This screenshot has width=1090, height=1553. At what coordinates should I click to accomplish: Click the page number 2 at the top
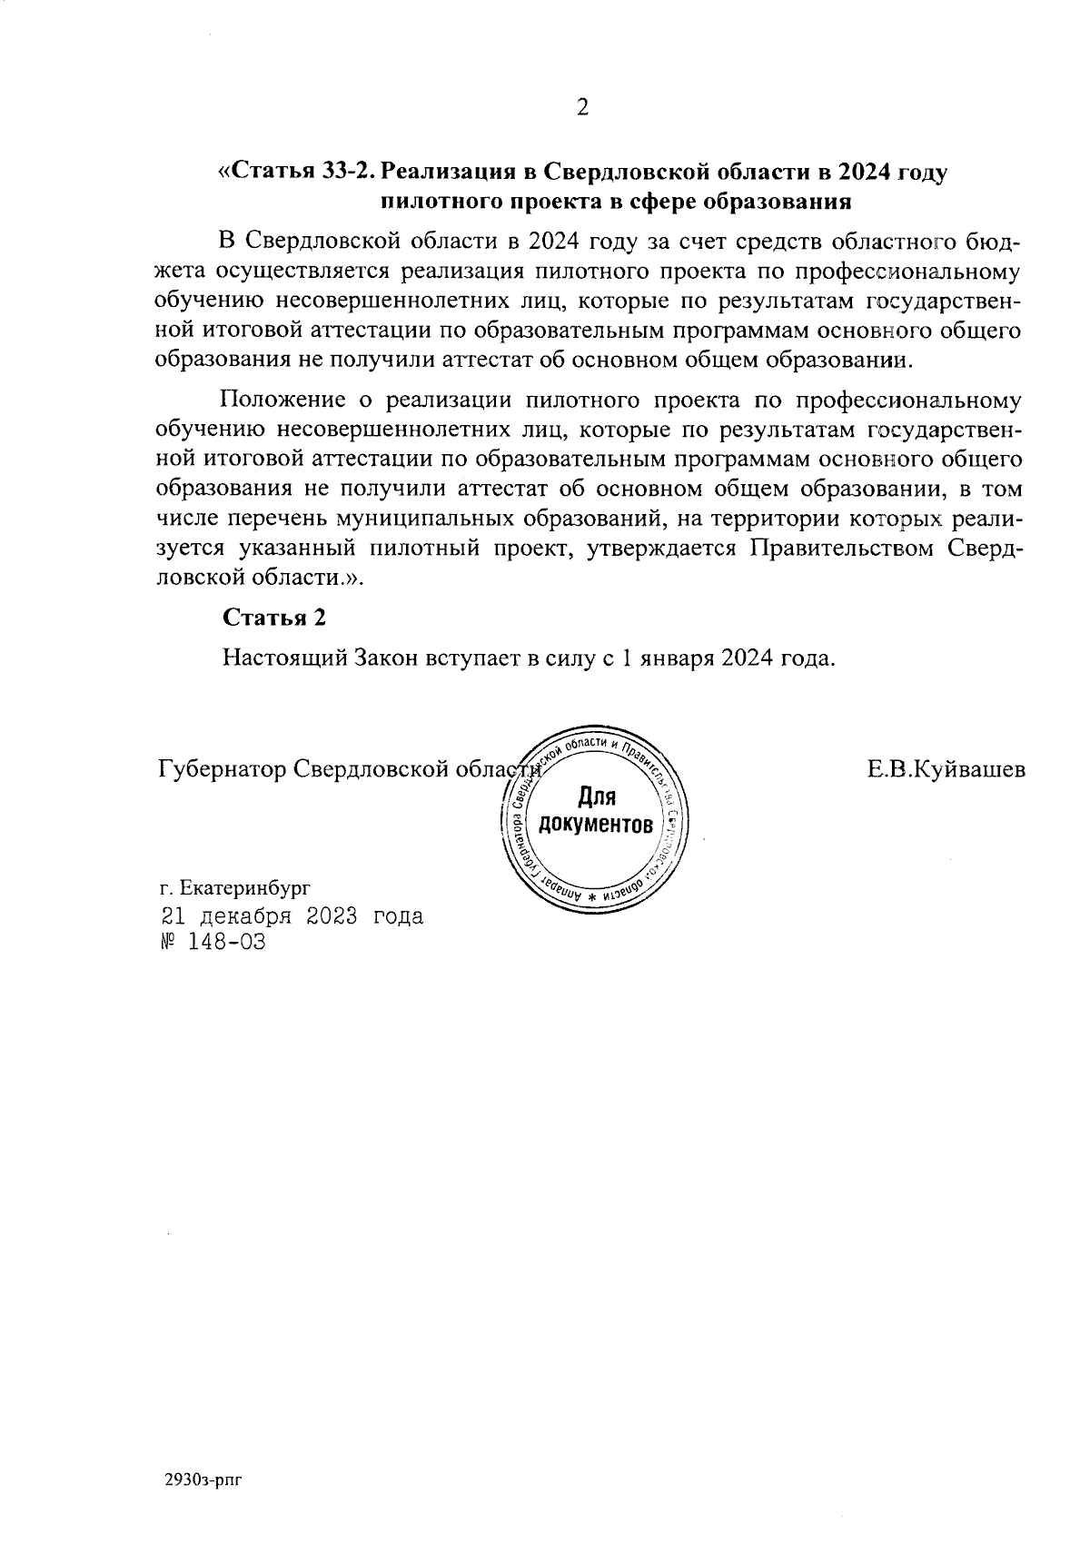(582, 108)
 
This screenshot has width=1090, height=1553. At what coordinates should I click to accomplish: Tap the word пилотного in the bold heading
(437, 200)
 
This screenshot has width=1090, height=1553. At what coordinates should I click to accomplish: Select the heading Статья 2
(273, 618)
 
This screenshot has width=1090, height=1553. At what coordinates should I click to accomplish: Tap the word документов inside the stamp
(596, 825)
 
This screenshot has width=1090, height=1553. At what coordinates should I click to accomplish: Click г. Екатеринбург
(234, 886)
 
